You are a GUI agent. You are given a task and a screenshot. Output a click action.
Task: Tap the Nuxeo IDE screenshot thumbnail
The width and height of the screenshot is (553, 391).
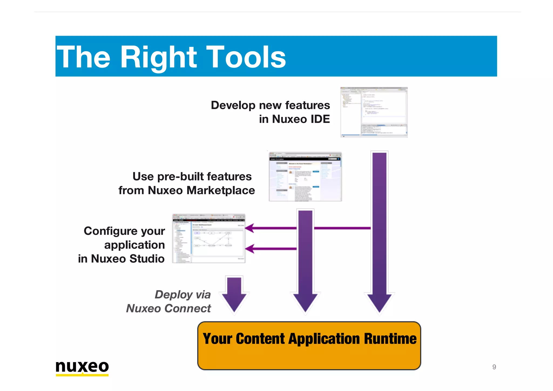pos(374,112)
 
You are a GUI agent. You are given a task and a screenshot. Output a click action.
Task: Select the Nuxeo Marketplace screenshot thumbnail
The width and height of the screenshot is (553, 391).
pos(305,177)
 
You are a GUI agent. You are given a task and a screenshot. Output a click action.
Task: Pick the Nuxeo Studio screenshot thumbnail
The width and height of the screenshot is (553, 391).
pos(209,238)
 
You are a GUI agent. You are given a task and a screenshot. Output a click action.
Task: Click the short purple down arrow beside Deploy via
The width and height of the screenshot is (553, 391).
pos(234,295)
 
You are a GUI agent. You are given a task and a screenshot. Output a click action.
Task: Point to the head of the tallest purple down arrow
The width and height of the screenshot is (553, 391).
pos(379,303)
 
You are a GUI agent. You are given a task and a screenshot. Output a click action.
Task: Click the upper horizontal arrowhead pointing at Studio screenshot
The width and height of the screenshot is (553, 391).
pos(250,228)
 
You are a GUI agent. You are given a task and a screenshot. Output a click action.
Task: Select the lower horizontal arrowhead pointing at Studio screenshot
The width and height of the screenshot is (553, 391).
pos(250,249)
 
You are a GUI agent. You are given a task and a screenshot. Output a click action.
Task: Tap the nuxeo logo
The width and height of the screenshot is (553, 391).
pos(82,367)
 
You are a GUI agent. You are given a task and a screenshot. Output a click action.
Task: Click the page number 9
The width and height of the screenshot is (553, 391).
pos(494,367)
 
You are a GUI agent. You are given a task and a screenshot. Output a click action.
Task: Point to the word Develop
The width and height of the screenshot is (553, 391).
pos(233,105)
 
